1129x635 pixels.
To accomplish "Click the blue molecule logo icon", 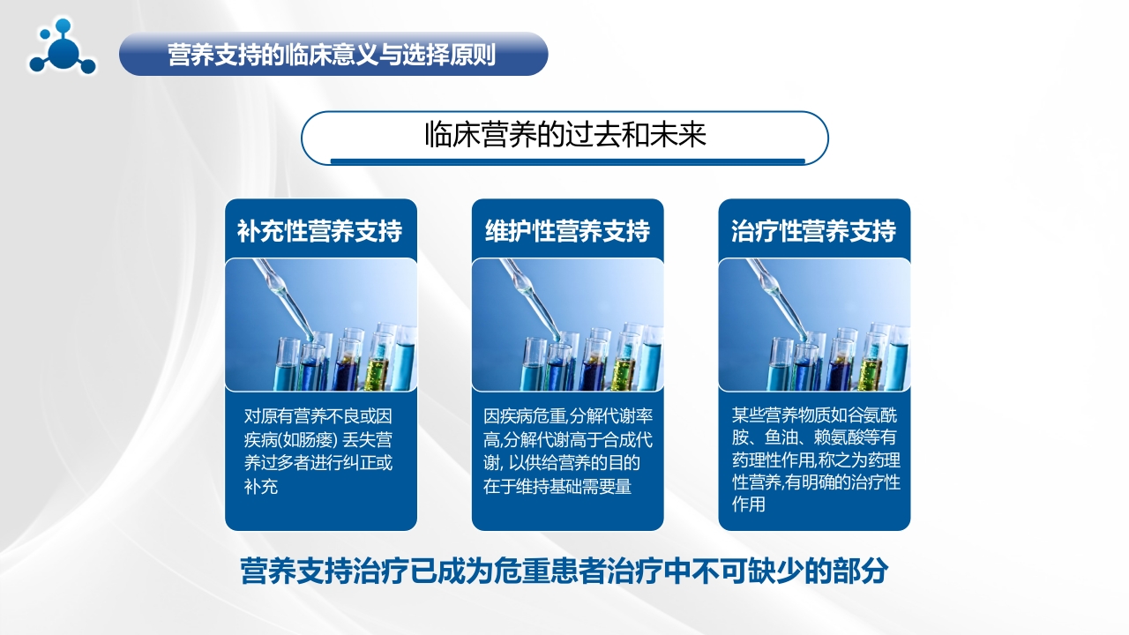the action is [x=62, y=47].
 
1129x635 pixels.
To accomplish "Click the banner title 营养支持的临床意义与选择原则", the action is [x=332, y=55].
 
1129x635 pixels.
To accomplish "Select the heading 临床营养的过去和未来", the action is [x=565, y=135].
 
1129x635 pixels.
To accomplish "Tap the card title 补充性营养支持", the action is [x=320, y=231].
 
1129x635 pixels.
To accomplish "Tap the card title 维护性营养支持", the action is [x=567, y=231].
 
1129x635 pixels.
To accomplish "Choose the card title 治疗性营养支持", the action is [x=813, y=231].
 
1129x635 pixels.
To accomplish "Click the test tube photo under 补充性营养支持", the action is [x=321, y=325].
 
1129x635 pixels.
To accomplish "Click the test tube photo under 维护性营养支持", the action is [x=567, y=325].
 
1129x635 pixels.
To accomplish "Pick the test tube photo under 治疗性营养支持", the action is [x=814, y=325].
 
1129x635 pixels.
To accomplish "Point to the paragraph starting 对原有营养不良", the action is [x=318, y=451].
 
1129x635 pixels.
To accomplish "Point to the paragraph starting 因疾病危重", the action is [x=568, y=451].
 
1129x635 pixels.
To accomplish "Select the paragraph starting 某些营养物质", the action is [x=816, y=459].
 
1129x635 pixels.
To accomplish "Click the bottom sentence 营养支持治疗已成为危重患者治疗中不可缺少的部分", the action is [x=564, y=571].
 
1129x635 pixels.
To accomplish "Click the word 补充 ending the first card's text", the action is [x=261, y=486].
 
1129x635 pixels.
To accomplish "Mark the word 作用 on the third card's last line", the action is [x=749, y=504].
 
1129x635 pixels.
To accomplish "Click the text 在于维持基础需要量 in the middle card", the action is [x=557, y=486].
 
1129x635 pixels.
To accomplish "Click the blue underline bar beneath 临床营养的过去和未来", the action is [x=567, y=161].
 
